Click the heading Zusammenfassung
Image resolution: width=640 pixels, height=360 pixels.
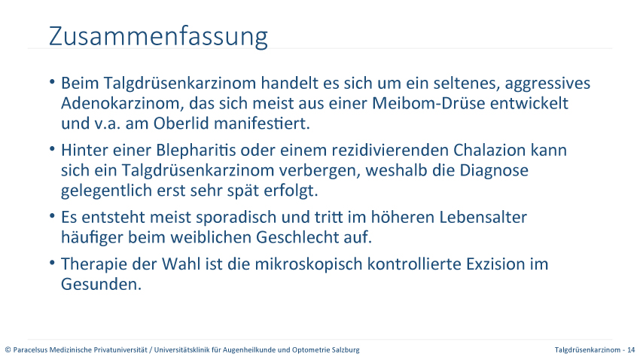pyautogui.click(x=158, y=37)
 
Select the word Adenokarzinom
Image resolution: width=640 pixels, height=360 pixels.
pyautogui.click(x=120, y=103)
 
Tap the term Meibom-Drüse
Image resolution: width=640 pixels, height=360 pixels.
pyautogui.click(x=428, y=103)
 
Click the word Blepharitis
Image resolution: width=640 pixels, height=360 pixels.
pyautogui.click(x=196, y=151)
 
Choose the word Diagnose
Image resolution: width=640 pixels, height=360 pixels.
pyautogui.click(x=494, y=170)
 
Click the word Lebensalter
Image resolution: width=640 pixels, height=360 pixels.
pyautogui.click(x=483, y=217)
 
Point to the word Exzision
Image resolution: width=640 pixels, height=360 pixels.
pyautogui.click(x=496, y=264)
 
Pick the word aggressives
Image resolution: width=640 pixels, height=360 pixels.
pyautogui.click(x=547, y=84)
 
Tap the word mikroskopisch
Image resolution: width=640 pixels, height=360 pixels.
pyautogui.click(x=309, y=264)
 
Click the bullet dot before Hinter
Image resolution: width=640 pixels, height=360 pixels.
pyautogui.click(x=52, y=149)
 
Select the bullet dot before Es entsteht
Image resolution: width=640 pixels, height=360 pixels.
pyautogui.click(x=52, y=216)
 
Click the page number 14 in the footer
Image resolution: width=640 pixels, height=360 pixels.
pyautogui.click(x=631, y=349)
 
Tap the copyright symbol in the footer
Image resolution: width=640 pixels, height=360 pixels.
pyautogui.click(x=8, y=349)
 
